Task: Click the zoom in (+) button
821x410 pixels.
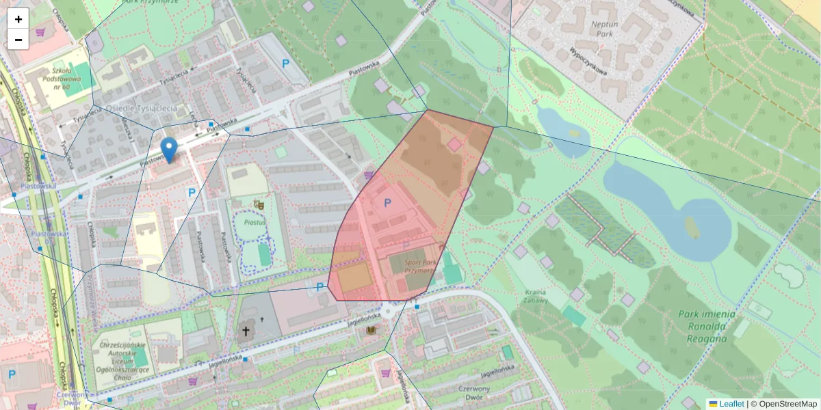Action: pos(18,19)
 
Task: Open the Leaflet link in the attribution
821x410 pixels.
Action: pos(731,404)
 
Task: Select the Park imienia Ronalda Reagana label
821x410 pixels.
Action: pos(707,325)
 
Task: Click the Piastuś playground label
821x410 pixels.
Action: pos(254,221)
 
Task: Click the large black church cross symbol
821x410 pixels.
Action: pos(245,333)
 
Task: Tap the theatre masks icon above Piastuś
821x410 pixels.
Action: pos(259,204)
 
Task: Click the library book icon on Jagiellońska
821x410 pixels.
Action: pos(372,331)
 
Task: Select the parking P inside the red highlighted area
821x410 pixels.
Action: pos(387,203)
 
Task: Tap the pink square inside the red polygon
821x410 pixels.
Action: pos(454,144)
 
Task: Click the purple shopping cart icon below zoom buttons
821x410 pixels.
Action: pos(40,32)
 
